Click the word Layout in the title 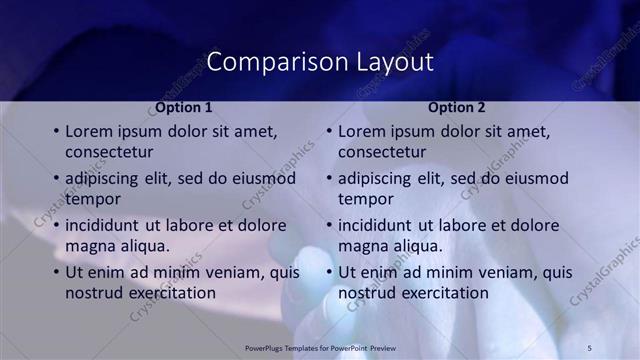395,62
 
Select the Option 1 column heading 184,107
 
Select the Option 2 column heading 457,107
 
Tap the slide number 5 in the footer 590,347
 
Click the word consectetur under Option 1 109,152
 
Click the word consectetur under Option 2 382,152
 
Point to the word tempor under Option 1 93,199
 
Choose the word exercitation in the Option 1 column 169,293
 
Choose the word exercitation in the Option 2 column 442,293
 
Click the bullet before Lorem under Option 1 56,132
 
